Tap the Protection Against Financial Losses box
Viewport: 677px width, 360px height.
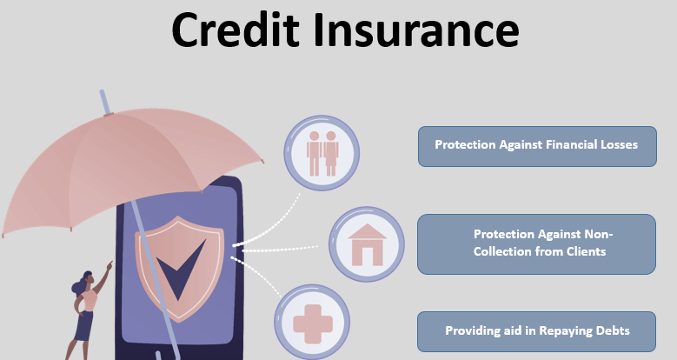[x=536, y=146]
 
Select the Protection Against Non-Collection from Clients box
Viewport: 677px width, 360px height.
[x=536, y=243]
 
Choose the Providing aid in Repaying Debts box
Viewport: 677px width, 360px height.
[x=536, y=331]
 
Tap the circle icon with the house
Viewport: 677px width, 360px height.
[x=367, y=244]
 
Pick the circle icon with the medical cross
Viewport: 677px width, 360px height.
[x=312, y=323]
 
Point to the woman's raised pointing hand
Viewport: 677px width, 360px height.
[x=110, y=264]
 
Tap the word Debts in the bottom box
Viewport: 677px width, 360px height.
[x=611, y=331]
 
